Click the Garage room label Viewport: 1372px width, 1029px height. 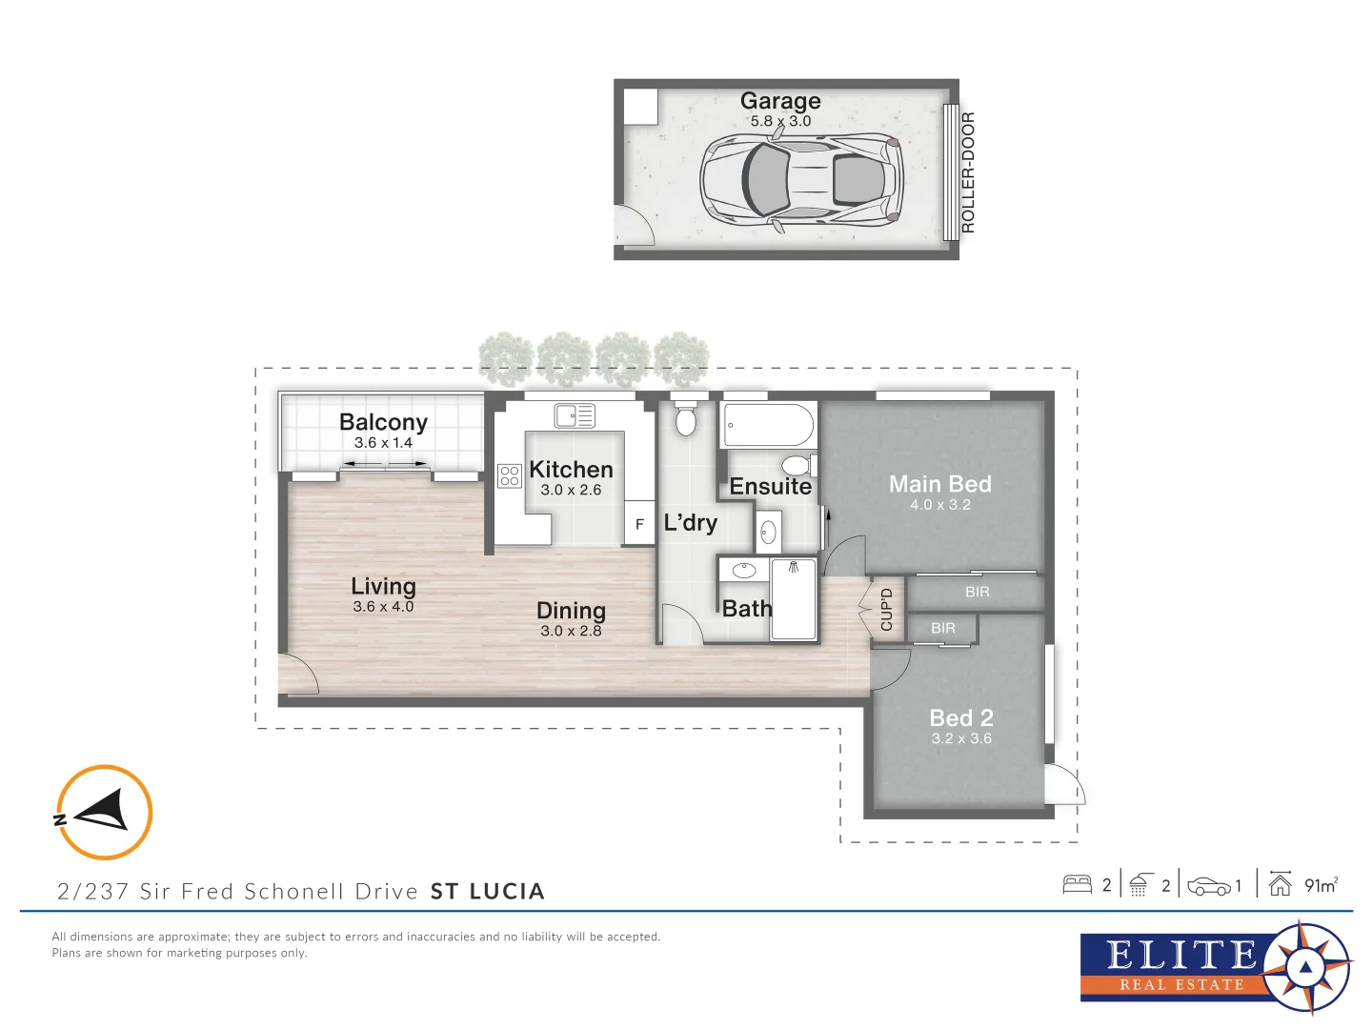tap(780, 101)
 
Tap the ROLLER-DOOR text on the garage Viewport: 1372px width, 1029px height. tap(968, 172)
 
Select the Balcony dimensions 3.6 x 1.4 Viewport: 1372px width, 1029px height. tap(383, 443)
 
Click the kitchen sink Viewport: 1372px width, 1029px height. tap(575, 415)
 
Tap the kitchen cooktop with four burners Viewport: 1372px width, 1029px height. tap(510, 475)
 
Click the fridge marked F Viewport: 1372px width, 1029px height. tap(639, 524)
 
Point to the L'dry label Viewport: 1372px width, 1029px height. tap(690, 523)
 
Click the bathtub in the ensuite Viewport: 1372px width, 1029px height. tap(768, 425)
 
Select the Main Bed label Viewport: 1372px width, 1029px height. tap(939, 484)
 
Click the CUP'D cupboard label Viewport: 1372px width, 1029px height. tap(887, 610)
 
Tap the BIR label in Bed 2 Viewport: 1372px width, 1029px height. tap(942, 629)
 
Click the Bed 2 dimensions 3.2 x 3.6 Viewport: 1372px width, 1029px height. tap(961, 738)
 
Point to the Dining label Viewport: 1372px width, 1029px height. tap(571, 611)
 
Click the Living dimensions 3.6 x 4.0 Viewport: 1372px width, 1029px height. tap(383, 607)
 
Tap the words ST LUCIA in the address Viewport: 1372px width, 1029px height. tap(488, 892)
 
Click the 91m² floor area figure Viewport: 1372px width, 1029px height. tap(1321, 885)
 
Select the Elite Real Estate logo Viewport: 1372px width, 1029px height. tap(1215, 967)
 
